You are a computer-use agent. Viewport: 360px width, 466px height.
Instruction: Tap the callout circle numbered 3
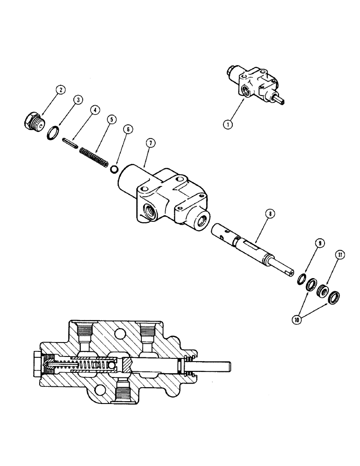(x=79, y=99)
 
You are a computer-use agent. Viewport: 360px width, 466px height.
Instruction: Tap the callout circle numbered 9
(x=319, y=243)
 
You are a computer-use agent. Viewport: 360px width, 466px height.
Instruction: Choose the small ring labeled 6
(x=114, y=168)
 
